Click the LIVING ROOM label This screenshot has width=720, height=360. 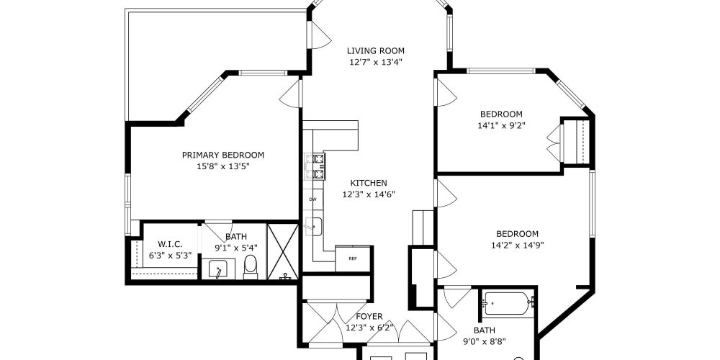coord(375,50)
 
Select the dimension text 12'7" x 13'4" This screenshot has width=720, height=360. coord(375,62)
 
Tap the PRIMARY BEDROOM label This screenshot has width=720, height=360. coord(222,155)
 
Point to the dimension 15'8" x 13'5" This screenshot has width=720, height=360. coord(222,166)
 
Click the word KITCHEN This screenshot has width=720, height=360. coord(369,183)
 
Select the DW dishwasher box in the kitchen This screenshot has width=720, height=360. coord(312,199)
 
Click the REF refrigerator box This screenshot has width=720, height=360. coord(353,258)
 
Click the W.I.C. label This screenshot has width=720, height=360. coord(163,243)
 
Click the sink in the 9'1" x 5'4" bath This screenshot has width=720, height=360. coord(218,271)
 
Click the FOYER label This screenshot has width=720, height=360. coord(369,316)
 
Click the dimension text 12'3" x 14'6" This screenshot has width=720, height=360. coord(369,194)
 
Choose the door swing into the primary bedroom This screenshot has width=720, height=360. coord(291,92)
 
